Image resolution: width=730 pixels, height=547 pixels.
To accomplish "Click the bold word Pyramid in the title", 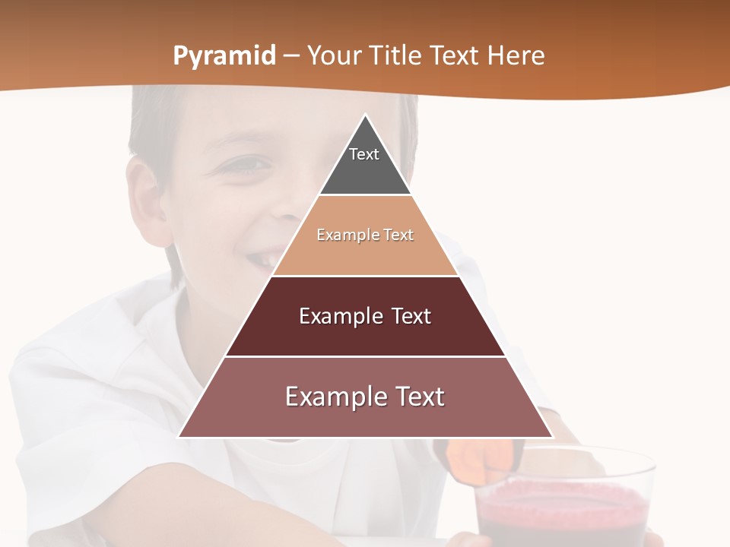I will (224, 56).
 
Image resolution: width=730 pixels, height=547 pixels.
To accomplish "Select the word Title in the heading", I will (399, 55).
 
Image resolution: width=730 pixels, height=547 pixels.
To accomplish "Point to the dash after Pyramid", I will (290, 56).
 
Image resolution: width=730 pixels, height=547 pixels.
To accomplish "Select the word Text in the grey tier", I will (364, 154).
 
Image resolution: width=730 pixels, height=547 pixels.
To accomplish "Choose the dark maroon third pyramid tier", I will (365, 334).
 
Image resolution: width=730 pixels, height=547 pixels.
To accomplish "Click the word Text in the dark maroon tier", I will (411, 316).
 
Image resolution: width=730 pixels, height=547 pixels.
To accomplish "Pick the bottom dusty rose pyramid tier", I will (365, 418).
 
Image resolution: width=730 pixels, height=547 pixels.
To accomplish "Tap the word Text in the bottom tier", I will (419, 397).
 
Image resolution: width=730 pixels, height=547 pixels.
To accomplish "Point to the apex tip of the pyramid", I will (365, 116).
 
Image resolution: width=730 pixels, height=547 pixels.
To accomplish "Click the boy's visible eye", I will (253, 163).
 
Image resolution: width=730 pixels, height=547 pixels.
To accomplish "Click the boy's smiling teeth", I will (263, 260).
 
